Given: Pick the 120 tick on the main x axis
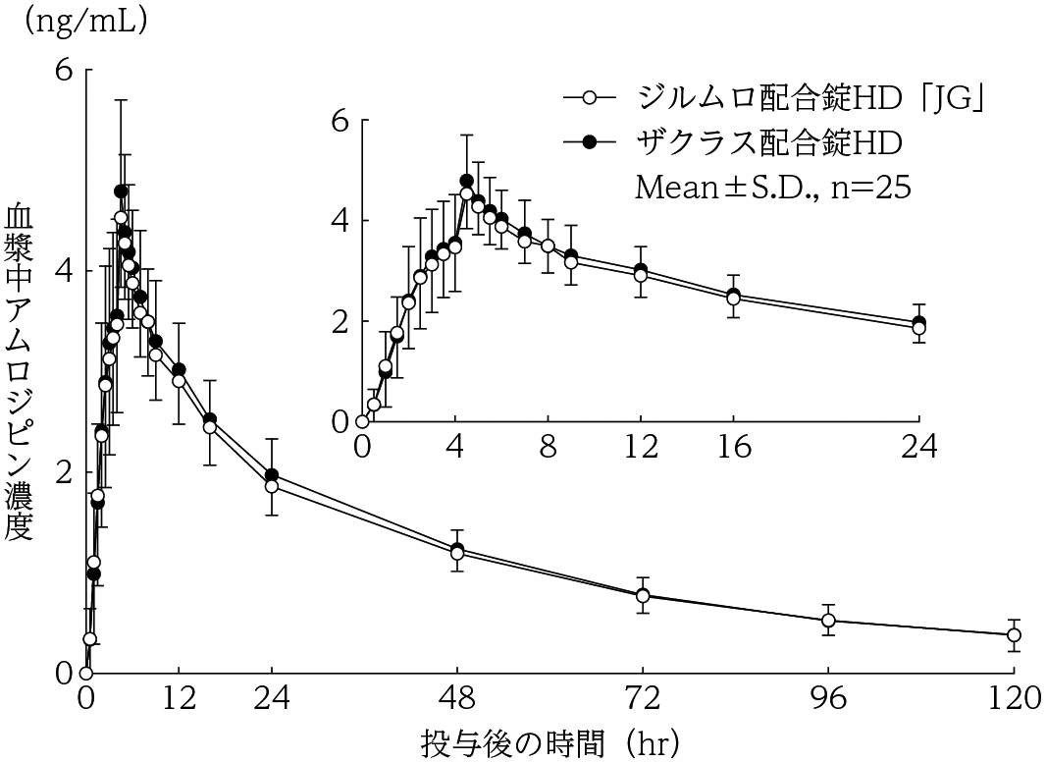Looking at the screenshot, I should pos(1014,698).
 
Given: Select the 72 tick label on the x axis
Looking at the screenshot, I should pos(643,698).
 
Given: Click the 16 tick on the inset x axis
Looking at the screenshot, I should pos(733,447).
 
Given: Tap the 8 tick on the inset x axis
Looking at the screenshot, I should pos(548,447).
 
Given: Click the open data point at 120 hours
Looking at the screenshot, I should pos(1014,635).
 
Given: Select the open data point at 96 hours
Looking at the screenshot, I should pos(828,621).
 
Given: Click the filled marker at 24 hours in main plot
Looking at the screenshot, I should pos(272,475).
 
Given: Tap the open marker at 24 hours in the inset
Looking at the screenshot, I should pos(918,329).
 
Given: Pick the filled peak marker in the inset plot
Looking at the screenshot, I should pos(466,181).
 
